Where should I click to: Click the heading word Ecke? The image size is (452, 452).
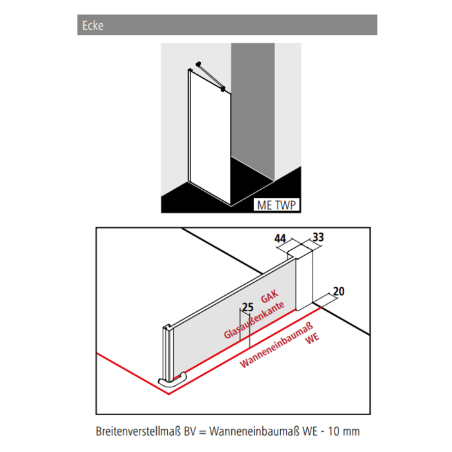click(x=93, y=26)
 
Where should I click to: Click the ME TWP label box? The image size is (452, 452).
click(x=276, y=205)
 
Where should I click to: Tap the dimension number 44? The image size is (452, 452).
click(x=280, y=239)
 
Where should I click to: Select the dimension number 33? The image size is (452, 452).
click(x=318, y=237)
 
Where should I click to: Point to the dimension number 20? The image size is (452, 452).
click(x=338, y=292)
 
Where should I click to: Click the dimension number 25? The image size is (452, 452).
click(x=247, y=307)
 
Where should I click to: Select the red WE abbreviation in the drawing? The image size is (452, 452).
click(x=313, y=338)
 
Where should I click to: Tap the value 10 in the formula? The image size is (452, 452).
click(x=336, y=431)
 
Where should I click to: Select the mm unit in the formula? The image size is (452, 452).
click(x=353, y=431)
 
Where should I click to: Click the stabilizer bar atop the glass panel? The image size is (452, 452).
click(x=208, y=76)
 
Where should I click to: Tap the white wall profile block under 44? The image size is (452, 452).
click(x=303, y=278)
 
